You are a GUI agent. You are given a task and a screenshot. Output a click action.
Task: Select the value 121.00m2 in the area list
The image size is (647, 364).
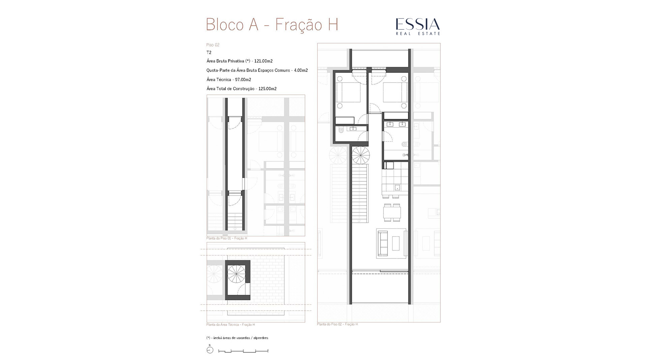coord(264,61)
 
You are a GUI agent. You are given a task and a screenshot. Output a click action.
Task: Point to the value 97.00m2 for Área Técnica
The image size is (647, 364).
coord(243,80)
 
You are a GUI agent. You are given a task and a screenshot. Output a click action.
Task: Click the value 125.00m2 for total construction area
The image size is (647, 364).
coord(268,89)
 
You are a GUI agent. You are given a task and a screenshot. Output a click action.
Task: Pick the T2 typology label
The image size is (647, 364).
coord(209,53)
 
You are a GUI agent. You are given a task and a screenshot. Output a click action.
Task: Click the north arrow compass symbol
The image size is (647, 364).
coord(210,350)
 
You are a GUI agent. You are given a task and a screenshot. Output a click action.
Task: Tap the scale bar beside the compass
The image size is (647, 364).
coord(243,351)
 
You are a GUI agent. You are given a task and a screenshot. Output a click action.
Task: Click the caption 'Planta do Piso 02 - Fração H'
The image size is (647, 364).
coord(337,324)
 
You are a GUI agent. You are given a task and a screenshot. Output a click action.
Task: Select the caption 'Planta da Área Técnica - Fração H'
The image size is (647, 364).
coord(230,325)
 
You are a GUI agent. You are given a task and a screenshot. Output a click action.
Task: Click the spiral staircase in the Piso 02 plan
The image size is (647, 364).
coord(361,155)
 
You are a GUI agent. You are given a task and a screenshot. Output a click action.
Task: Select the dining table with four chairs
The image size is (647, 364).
coord(392,213)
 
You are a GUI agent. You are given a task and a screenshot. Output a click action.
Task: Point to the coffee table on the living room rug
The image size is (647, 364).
coord(396,243)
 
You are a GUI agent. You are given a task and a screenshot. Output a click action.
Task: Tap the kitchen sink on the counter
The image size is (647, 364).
coord(397,187)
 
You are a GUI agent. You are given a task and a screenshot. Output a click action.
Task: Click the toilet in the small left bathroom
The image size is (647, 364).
coord(341,129)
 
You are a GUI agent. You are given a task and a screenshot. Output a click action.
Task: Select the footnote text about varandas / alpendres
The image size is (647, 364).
coord(237,338)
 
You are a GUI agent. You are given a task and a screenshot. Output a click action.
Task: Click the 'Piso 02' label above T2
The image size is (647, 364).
coord(213,45)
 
